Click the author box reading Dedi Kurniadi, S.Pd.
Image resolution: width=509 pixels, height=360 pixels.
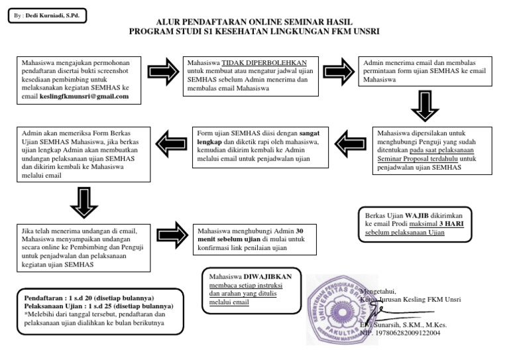pos(46,15)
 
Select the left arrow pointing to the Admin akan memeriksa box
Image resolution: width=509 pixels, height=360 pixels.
pos(170,141)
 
